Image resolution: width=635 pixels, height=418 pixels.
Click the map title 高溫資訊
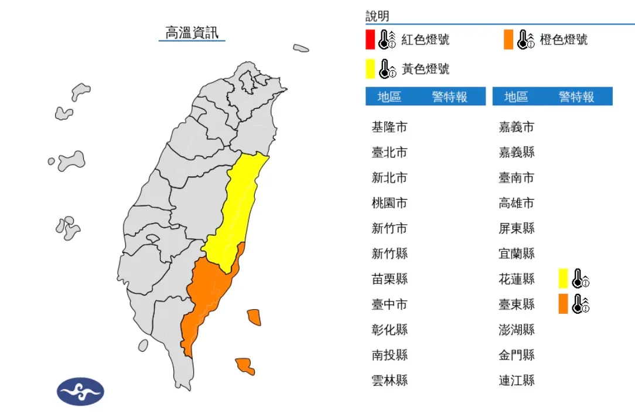point(192,33)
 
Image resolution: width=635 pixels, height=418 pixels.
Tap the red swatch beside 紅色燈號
point(370,39)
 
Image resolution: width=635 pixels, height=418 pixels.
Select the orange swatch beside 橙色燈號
point(508,39)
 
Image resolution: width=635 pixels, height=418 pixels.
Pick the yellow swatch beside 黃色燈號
point(370,68)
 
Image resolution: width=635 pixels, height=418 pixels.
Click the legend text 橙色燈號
point(564,40)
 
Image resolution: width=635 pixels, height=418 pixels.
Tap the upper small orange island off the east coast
point(254,317)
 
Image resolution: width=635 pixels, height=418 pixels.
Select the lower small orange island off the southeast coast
point(245,366)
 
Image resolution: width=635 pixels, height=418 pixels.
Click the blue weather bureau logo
point(80,391)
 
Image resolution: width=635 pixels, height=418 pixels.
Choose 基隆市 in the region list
point(389,127)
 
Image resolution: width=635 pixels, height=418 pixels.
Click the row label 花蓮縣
point(516,279)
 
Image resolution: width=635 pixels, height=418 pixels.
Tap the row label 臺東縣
point(516,304)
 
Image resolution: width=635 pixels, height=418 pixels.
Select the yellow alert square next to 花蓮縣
point(564,278)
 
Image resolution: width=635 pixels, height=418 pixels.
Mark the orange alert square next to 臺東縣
point(564,303)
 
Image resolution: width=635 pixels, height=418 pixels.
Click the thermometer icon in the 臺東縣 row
point(581,303)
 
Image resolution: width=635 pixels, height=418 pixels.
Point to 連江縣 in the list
point(516,380)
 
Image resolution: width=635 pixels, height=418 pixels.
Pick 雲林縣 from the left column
point(389,380)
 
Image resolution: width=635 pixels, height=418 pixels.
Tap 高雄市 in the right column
point(516,203)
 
